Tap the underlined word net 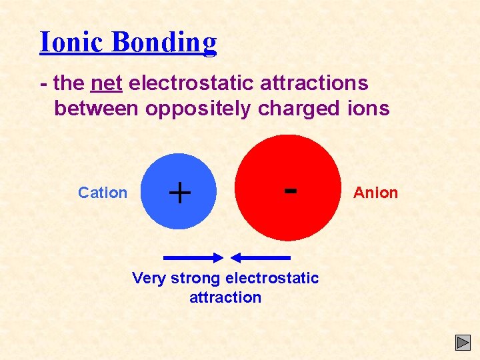point(105,83)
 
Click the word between point(97,108)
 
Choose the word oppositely point(200,109)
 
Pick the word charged point(303,109)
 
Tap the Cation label point(102,193)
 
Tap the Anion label point(375,193)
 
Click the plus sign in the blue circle point(179,193)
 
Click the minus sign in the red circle point(290,190)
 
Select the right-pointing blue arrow point(193,257)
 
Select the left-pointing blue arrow point(260,257)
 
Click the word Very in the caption point(149,278)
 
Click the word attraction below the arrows point(225,297)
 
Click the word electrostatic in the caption point(272,278)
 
